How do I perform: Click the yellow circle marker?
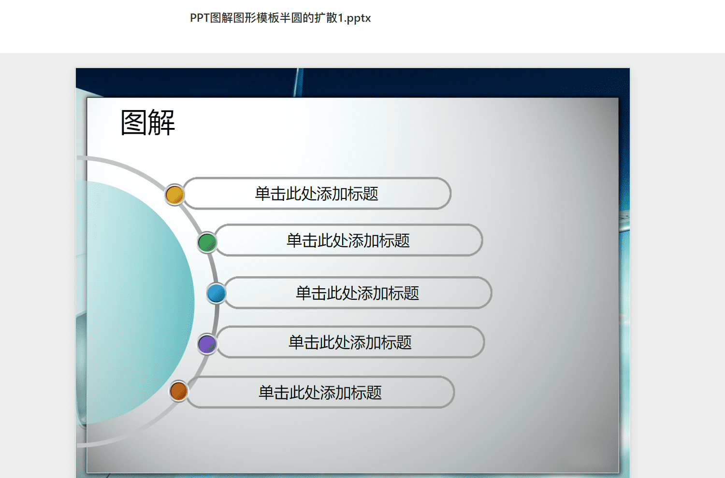[x=175, y=195]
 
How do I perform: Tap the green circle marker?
[x=207, y=242]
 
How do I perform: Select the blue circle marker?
[x=216, y=294]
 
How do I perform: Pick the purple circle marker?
[x=207, y=344]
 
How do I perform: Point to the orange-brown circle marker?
[x=178, y=391]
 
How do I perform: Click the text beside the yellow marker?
[x=317, y=194]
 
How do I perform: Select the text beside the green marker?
[x=348, y=240]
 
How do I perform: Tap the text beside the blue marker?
[x=357, y=293]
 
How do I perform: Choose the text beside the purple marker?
[x=350, y=342]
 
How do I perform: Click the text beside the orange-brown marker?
[x=320, y=393]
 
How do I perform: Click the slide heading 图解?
[x=147, y=123]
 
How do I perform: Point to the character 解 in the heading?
[x=161, y=123]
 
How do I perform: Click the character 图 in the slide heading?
[x=134, y=123]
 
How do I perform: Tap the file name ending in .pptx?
[x=280, y=18]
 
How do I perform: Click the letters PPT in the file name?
[x=200, y=18]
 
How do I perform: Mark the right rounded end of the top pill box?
[x=450, y=194]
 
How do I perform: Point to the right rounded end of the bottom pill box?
[x=453, y=392]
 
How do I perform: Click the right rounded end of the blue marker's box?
[x=491, y=293]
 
